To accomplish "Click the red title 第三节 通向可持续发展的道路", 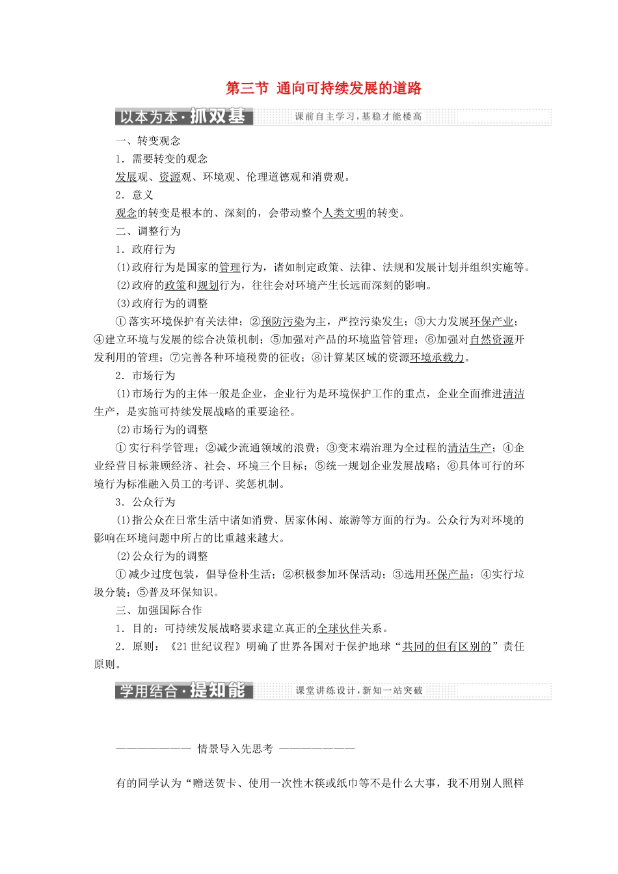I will (323, 88).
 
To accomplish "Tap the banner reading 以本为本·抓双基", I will (183, 116).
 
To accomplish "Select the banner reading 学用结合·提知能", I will (183, 691).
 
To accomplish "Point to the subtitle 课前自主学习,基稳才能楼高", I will (358, 116).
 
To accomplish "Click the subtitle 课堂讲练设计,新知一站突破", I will (358, 691).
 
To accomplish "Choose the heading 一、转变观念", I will (148, 140).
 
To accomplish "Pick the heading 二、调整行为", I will (148, 231).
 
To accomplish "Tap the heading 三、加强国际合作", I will (159, 610).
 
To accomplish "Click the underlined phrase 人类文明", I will (344, 213).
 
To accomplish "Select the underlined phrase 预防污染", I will (283, 321).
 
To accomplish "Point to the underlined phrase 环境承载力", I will (437, 357).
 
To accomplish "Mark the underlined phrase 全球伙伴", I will (338, 628).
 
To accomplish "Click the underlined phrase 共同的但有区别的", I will (446, 646).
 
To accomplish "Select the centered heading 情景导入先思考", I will (235, 748).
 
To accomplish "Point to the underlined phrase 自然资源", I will (491, 339).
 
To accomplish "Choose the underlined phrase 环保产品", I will (447, 574).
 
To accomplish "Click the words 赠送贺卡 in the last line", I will (215, 784).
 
